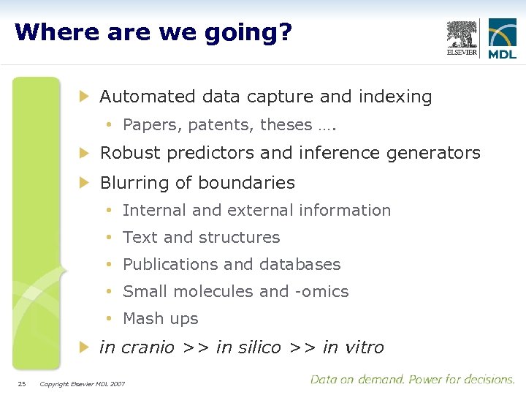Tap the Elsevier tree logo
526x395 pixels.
coord(462,37)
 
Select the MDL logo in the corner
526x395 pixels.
coord(502,38)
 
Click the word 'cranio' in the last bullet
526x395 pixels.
coord(148,347)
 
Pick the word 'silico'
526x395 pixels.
coord(259,347)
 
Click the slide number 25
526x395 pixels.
coord(22,383)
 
